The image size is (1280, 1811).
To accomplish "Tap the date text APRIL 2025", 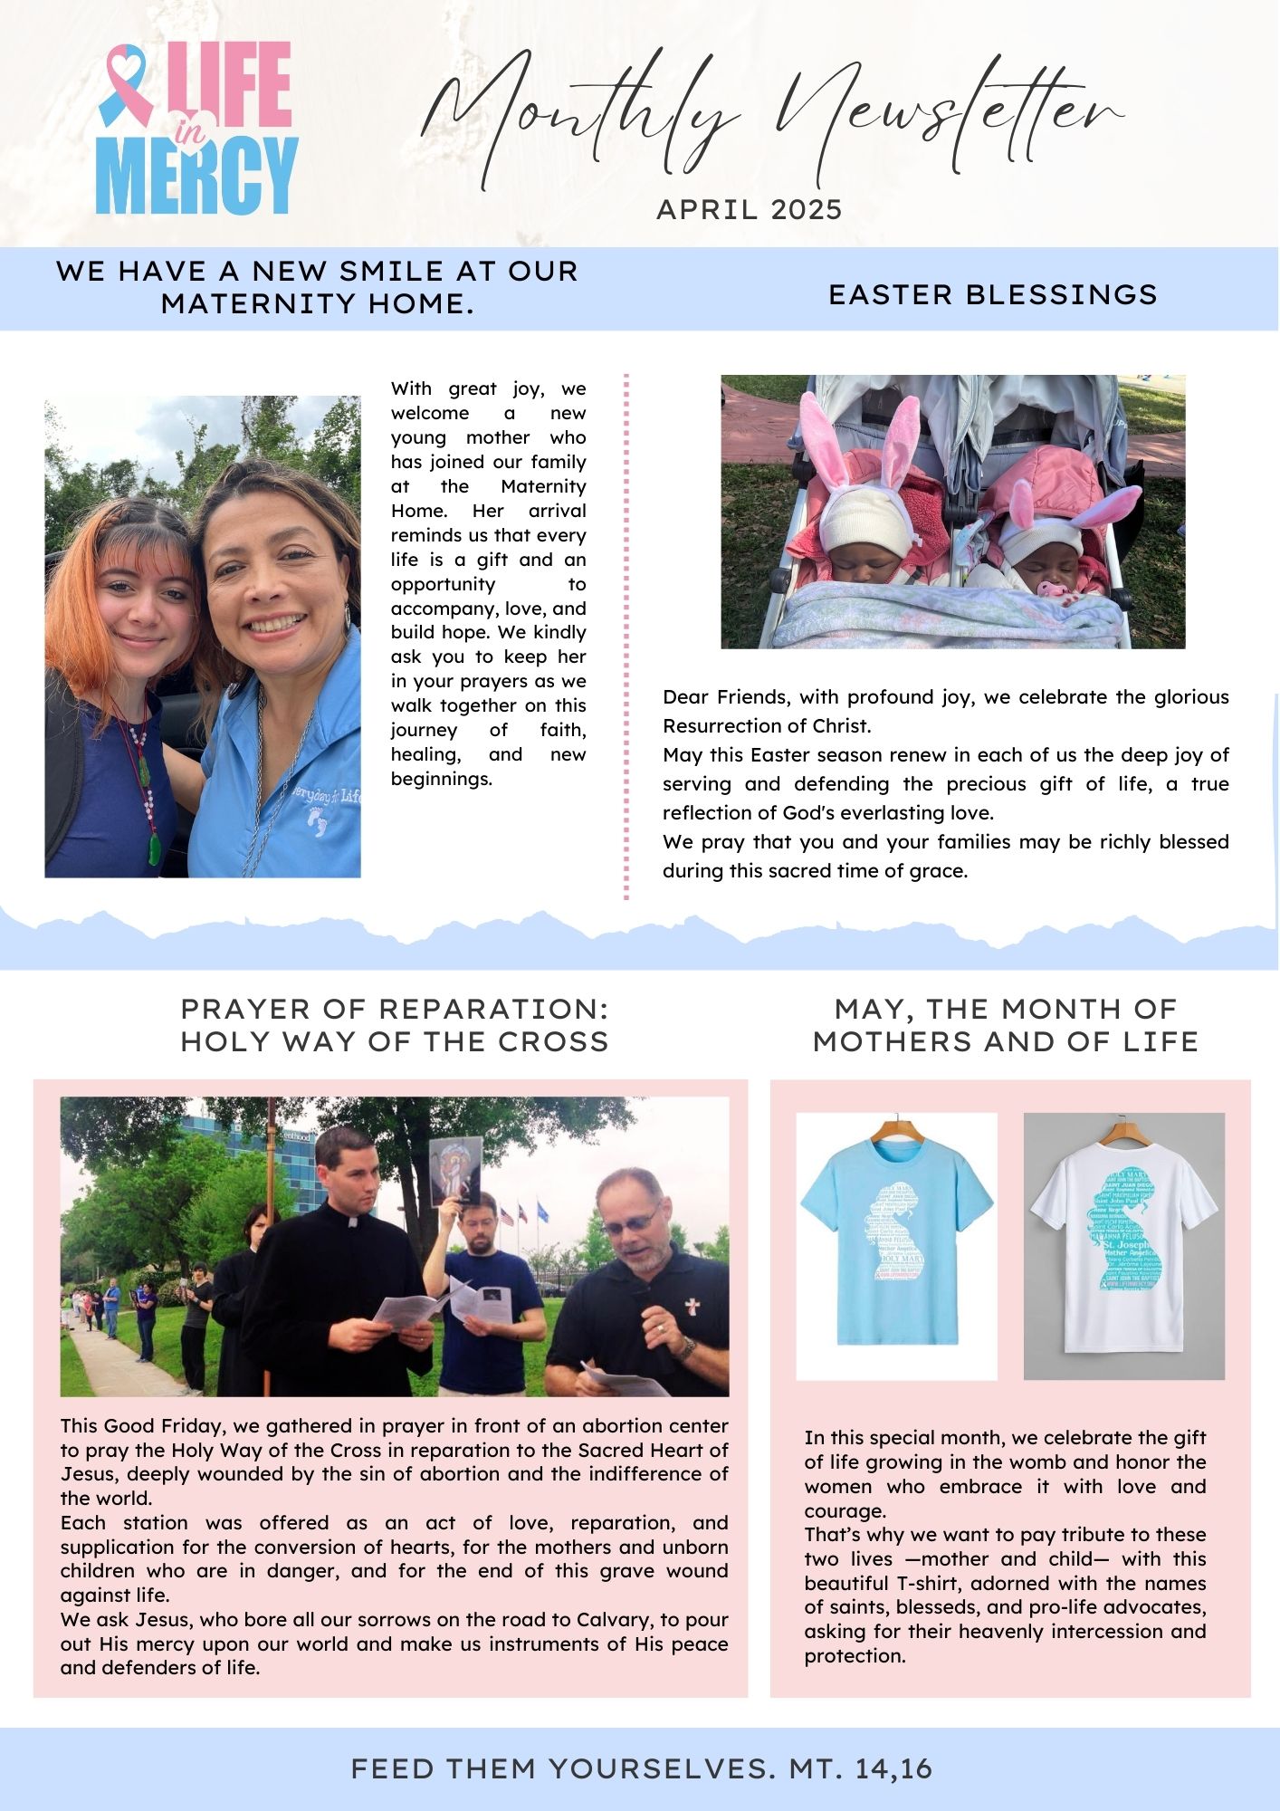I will coord(749,210).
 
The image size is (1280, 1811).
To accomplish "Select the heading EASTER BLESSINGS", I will coord(993,294).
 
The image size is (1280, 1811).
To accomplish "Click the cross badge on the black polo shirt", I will coord(693,1307).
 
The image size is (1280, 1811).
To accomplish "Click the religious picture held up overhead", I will coord(454,1168).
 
